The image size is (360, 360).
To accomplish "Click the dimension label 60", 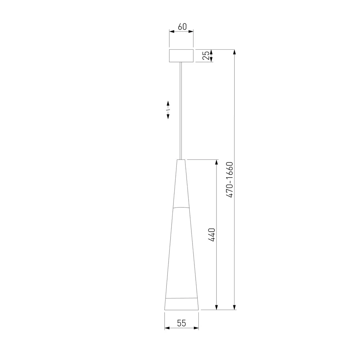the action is click(182, 27).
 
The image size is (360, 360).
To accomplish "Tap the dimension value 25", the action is click(206, 55).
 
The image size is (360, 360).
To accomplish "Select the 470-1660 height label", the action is click(230, 180).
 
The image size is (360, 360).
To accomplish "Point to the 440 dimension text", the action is click(211, 235).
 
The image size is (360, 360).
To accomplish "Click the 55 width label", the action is click(181, 323).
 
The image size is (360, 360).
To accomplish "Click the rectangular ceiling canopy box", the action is click(181, 55).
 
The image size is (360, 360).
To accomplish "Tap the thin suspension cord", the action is click(181, 111).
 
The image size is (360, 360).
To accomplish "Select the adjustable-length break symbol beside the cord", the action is click(168, 110).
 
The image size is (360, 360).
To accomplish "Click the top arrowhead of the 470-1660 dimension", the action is click(234, 52).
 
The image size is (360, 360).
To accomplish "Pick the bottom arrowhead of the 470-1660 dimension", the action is click(234, 307).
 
